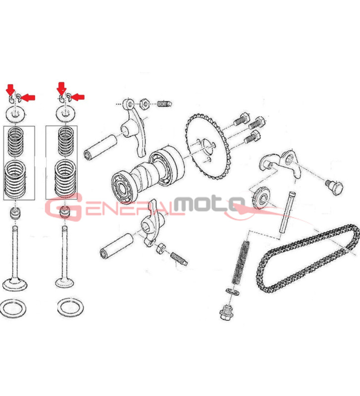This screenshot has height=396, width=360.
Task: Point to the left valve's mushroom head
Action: tap(15, 284)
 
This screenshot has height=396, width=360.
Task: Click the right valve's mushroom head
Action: tap(65, 282)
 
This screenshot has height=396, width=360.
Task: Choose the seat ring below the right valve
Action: tap(70, 307)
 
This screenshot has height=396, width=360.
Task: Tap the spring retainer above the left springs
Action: tap(15, 114)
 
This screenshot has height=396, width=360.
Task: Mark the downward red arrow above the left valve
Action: tap(10, 90)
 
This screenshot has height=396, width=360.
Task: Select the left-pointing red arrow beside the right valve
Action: tap(78, 97)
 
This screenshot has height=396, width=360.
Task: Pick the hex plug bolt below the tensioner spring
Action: tap(226, 312)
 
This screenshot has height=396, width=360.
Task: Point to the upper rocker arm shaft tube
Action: tap(101, 147)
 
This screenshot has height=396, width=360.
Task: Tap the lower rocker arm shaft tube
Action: tap(117, 246)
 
